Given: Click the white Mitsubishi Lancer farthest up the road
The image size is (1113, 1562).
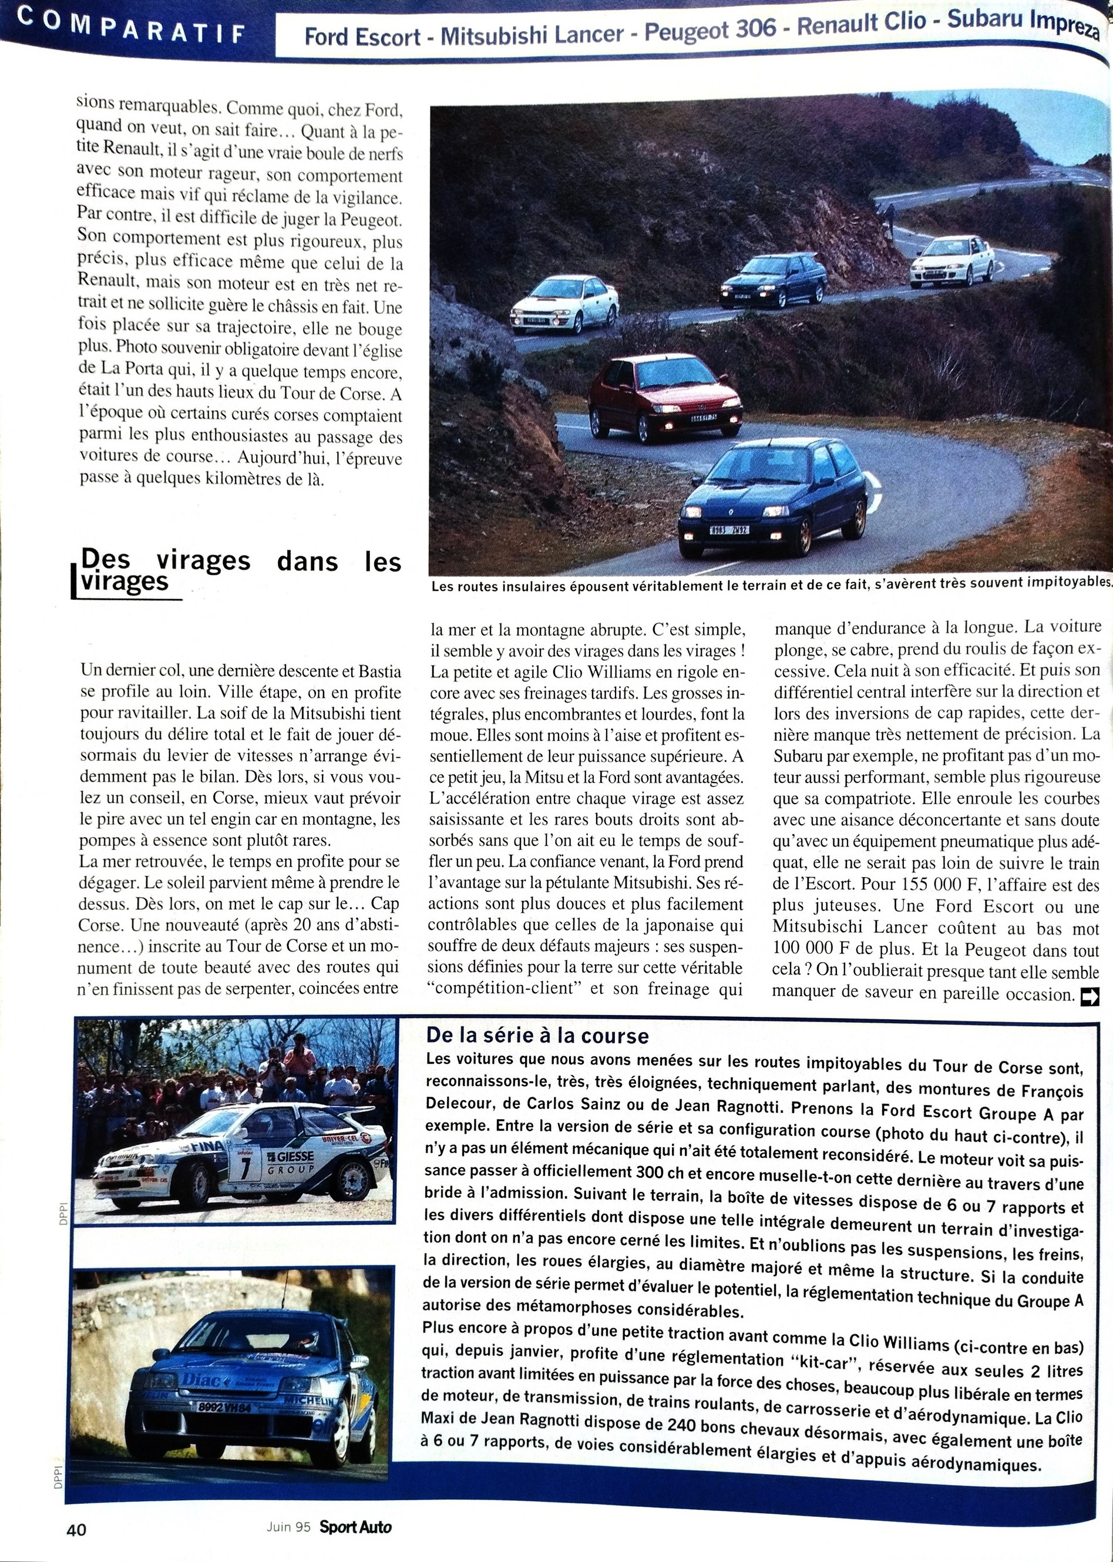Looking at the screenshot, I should (951, 260).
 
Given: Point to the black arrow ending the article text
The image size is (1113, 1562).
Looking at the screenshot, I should (1089, 995).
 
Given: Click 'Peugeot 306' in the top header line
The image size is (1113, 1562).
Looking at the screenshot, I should (710, 30).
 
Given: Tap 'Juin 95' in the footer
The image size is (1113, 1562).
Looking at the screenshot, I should (288, 1526).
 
